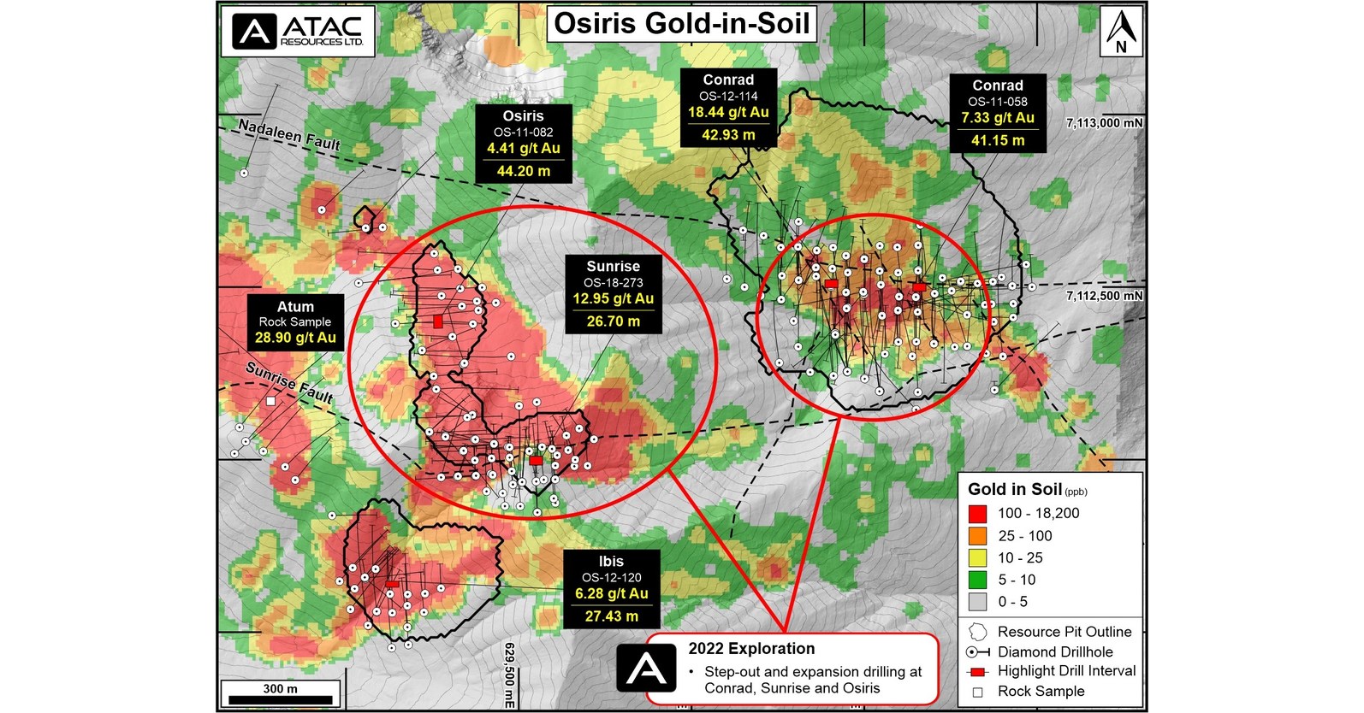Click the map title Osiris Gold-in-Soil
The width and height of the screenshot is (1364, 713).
coord(681,24)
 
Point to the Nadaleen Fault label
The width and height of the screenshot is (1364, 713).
coord(288,135)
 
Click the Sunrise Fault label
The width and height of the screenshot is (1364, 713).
coord(288,382)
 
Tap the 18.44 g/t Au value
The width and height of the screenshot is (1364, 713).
coord(728,113)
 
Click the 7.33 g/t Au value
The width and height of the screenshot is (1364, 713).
coord(998,118)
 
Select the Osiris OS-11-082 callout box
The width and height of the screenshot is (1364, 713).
coord(523,143)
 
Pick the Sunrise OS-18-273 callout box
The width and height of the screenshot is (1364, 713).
coord(613,293)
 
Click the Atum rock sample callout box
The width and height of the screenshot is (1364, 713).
coord(295,321)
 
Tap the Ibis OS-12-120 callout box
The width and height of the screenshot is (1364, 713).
coord(611,588)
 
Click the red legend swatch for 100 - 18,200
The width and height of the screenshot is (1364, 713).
coord(977,514)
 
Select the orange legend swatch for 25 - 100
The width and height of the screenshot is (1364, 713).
coord(977,536)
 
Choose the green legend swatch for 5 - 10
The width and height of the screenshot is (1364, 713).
coord(977,580)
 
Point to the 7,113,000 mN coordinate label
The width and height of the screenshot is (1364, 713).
coord(1104,123)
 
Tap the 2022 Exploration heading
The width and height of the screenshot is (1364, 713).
coord(751,649)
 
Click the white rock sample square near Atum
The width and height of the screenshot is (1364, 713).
coord(270,401)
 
